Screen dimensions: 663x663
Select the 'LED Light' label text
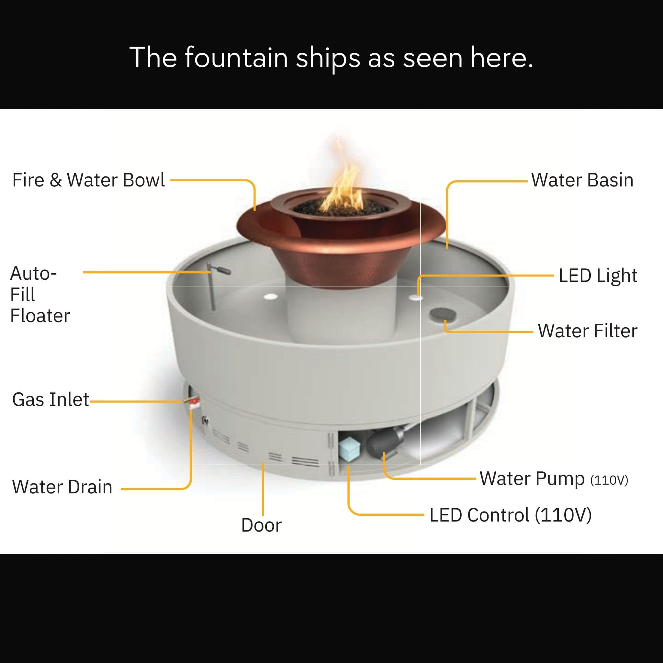pos(598,276)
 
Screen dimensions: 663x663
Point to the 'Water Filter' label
pos(588,331)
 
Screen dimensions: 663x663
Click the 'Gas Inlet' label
pos(51,399)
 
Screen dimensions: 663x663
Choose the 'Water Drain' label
pos(62,487)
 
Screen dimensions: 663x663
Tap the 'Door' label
pos(261,525)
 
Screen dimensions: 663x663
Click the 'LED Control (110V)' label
pos(511,515)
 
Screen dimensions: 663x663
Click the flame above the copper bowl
pos(341,178)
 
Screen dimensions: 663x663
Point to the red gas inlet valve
pos(195,401)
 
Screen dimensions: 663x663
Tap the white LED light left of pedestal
pos(271,296)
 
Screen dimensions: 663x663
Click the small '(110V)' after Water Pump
pos(609,480)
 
